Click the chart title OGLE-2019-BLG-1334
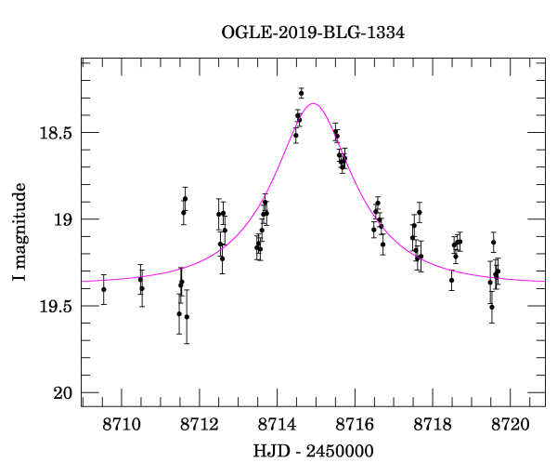313,33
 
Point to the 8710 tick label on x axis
121,424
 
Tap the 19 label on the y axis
61,219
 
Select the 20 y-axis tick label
61,393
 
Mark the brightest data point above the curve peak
301,93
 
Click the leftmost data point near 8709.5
103,289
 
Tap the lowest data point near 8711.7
187,317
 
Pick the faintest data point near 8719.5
492,307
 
